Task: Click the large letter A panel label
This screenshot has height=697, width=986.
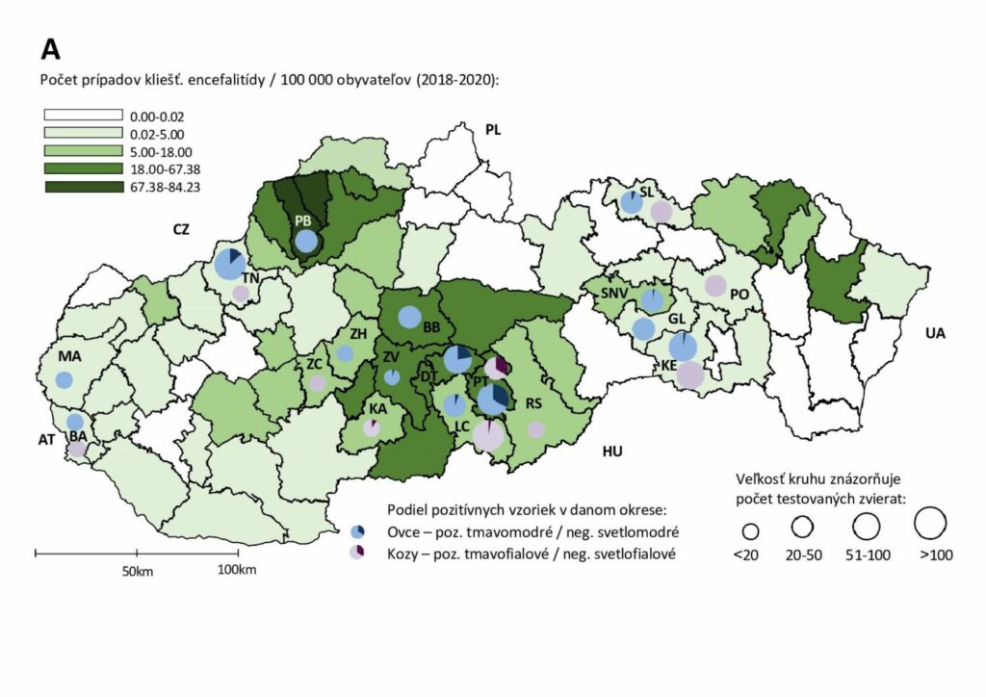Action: pos(51,49)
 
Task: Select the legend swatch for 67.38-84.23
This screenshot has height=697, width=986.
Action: pos(84,186)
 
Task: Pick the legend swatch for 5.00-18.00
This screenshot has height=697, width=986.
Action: pos(84,151)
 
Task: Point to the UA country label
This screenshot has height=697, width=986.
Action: pos(934,334)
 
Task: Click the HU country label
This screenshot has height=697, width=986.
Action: pos(612,451)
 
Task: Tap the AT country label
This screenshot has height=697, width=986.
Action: pos(47,440)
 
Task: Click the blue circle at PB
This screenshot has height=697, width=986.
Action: pos(305,240)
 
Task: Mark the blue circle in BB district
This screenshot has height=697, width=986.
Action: pos(409,316)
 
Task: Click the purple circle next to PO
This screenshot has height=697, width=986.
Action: pos(715,285)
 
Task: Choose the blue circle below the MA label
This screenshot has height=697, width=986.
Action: pos(64,379)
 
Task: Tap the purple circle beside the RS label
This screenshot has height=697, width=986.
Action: pos(536,429)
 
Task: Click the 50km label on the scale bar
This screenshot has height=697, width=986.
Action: pos(137,571)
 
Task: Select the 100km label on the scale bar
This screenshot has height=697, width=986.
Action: pos(236,571)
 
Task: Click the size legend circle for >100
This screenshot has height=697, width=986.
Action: pos(932,525)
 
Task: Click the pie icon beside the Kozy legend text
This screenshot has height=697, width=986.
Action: pos(357,552)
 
